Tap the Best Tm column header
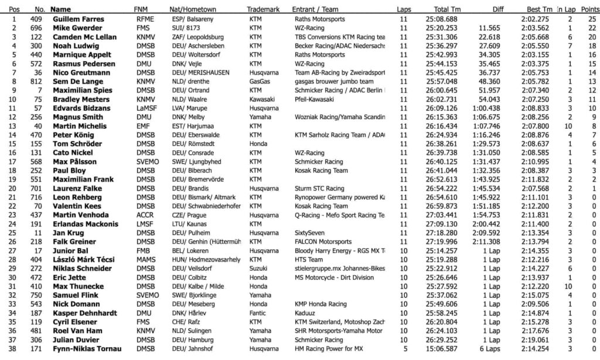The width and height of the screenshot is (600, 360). click(539, 10)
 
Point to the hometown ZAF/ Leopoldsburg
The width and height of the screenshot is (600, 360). click(199, 37)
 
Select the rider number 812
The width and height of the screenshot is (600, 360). click(37, 81)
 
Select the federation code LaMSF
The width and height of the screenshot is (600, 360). click(146, 108)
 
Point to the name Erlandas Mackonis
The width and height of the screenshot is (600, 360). click(86, 224)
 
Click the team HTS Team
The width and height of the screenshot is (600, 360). click(309, 260)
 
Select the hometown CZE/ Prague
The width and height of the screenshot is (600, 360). click(190, 215)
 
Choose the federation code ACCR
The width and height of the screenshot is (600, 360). click(144, 215)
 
